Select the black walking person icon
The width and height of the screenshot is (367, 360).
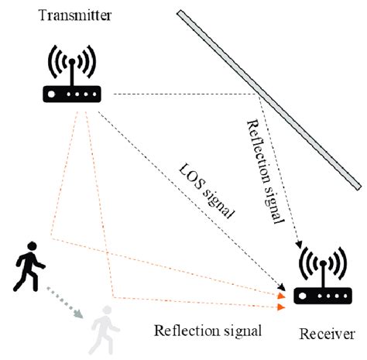point(29,266)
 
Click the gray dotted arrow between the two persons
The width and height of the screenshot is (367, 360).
point(64,303)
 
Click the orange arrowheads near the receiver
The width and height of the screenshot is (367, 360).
point(283,301)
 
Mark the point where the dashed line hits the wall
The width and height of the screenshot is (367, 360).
point(256,94)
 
